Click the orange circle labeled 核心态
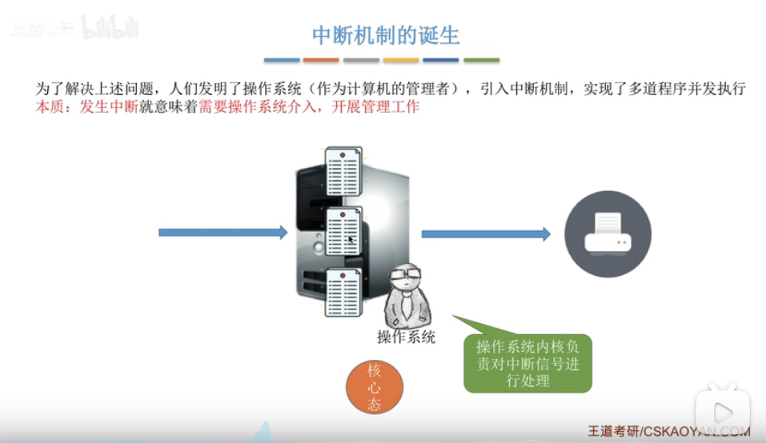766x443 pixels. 374,387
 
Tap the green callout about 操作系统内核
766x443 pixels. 528,363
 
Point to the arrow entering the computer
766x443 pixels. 222,233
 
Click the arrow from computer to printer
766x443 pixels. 486,233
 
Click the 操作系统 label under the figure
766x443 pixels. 407,337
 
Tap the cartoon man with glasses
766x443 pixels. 406,294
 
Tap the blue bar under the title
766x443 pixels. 282,60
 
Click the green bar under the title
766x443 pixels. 481,60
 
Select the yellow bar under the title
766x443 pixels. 401,60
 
